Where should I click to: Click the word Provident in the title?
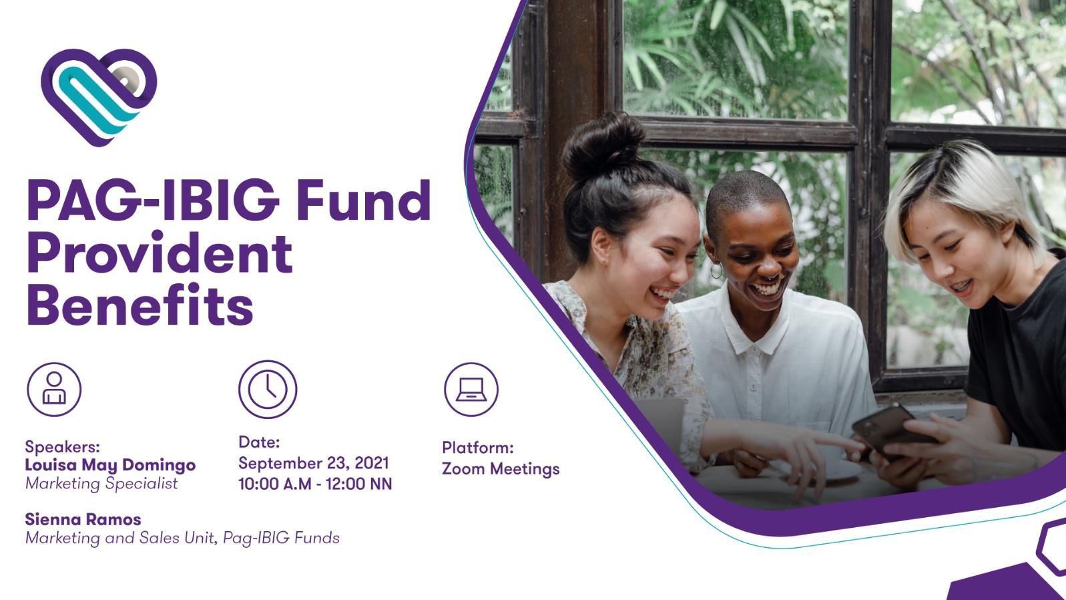point(160,254)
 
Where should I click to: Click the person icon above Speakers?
point(54,389)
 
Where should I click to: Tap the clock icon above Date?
point(268,389)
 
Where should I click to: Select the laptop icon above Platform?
point(471,389)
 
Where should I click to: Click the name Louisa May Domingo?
point(110,465)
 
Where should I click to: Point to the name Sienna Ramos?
point(83,519)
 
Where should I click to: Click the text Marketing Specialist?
point(101,483)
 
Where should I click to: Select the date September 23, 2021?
point(314,463)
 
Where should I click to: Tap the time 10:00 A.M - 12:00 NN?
point(315,484)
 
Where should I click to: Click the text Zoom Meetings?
point(501,469)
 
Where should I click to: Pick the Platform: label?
point(477,448)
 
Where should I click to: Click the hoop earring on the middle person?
point(716,271)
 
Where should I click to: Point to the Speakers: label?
point(62,446)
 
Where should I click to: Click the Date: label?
point(259,442)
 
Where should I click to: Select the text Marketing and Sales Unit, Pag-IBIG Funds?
point(182,538)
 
